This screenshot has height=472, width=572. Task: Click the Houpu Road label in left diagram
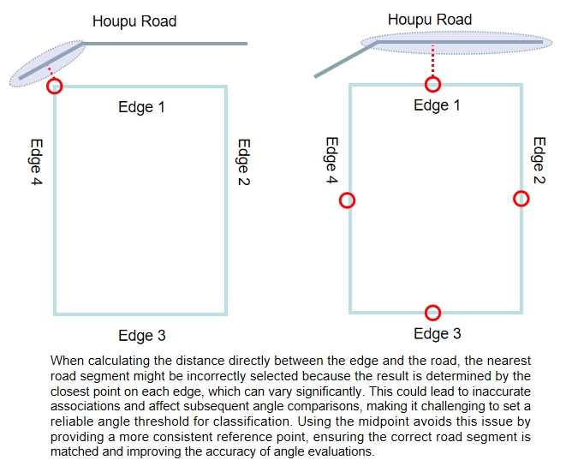[x=134, y=21]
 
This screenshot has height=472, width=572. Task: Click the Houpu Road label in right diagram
[x=429, y=19]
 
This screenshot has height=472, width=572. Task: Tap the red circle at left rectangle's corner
[x=56, y=86]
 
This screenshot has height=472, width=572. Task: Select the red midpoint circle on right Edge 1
[x=433, y=83]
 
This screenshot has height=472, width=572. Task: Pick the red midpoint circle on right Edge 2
[x=521, y=198]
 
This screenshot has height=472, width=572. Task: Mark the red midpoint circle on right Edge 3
[x=432, y=313]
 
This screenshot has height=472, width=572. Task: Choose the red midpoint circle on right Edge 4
[x=347, y=200]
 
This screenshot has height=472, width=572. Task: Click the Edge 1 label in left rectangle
[x=141, y=107]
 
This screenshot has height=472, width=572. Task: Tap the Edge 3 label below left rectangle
[x=141, y=336]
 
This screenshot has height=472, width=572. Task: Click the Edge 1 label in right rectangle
[x=437, y=105]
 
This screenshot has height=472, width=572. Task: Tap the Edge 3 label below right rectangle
[x=437, y=334]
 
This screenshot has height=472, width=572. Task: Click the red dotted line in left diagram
[x=51, y=73]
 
